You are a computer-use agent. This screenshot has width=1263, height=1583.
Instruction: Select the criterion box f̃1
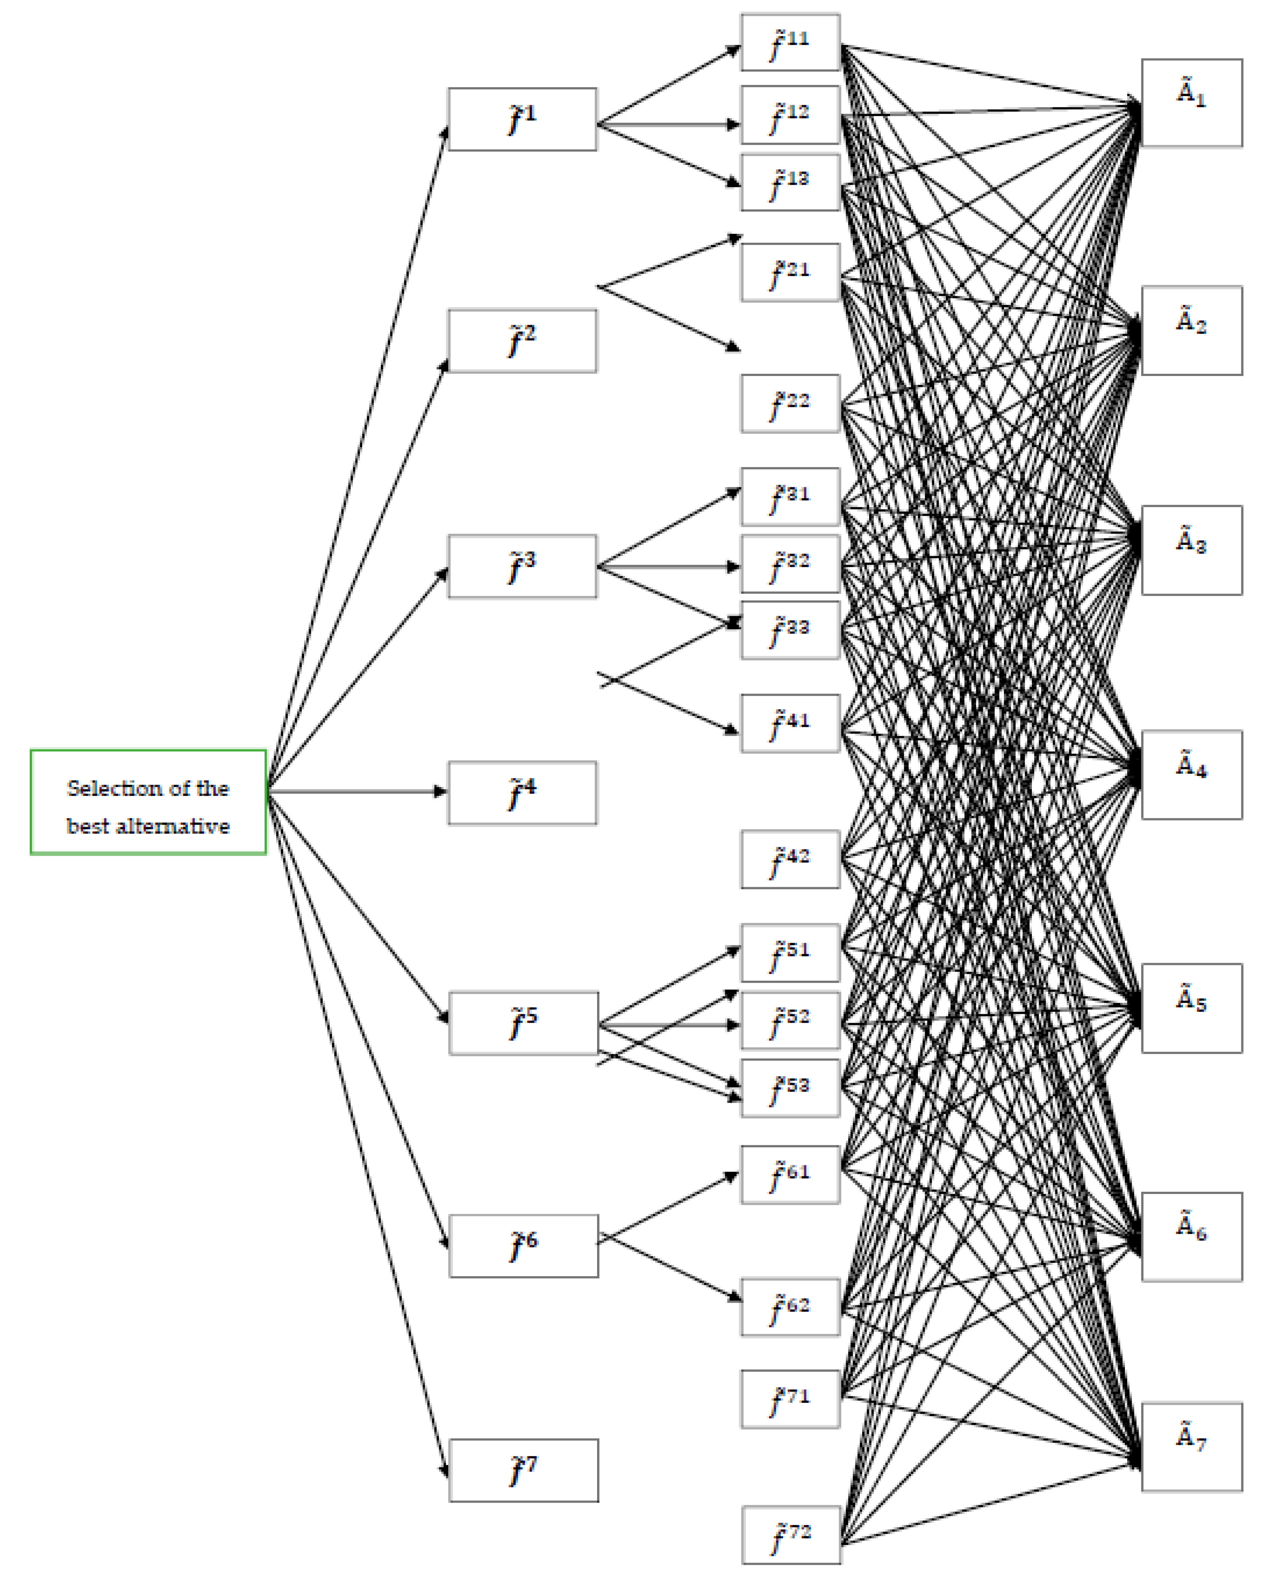click(522, 120)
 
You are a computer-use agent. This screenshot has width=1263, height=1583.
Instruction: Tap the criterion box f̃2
click(522, 341)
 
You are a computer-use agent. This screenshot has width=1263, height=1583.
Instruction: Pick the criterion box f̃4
click(522, 793)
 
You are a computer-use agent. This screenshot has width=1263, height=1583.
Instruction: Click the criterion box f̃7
click(524, 1470)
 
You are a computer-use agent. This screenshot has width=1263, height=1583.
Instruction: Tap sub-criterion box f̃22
click(790, 404)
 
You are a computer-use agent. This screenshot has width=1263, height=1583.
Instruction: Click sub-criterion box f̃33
click(790, 630)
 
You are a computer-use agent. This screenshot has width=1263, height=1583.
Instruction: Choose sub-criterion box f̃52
click(790, 1020)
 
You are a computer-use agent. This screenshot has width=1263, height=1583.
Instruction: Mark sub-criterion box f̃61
click(790, 1175)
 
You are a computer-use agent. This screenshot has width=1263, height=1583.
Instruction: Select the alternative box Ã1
click(1191, 103)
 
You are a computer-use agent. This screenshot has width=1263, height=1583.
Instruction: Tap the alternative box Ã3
click(1191, 550)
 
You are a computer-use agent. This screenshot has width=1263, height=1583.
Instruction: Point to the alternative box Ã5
click(1191, 1008)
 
